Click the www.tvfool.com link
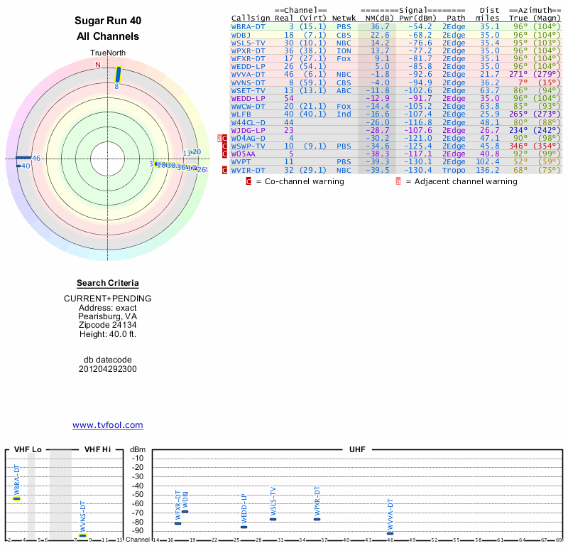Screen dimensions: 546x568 [107, 425]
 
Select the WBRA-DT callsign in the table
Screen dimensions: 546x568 [248, 26]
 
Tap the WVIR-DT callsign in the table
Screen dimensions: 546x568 [248, 170]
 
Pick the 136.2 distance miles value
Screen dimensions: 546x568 [488, 170]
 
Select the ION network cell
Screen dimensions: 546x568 [344, 50]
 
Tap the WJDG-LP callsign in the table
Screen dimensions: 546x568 [248, 130]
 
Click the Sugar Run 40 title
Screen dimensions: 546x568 [107, 21]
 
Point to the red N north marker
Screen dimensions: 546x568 [98, 65]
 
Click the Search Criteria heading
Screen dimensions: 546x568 [107, 283]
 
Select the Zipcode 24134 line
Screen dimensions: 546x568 [107, 325]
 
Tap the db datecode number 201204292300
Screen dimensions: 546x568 [107, 369]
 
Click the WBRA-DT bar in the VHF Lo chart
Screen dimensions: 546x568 [17, 498]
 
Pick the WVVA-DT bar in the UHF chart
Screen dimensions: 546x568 [390, 533]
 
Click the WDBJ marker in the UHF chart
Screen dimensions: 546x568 [185, 511]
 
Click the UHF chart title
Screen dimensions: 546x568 [357, 450]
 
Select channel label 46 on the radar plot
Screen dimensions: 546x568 [36, 158]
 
